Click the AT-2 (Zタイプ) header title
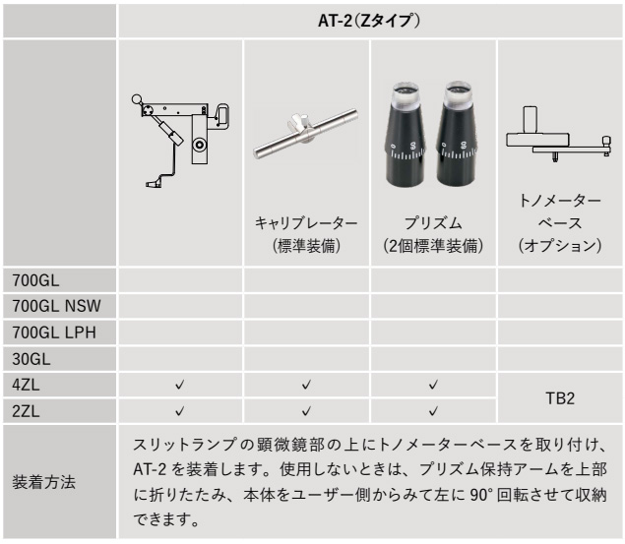pyautogui.click(x=369, y=21)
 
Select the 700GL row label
pyautogui.click(x=35, y=280)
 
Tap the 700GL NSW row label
pyautogui.click(x=56, y=306)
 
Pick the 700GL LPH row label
pyautogui.click(x=54, y=332)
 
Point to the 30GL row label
pyautogui.click(x=31, y=359)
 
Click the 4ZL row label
pyautogui.click(x=26, y=385)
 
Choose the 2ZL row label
pyautogui.click(x=26, y=411)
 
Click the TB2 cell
pyautogui.click(x=560, y=398)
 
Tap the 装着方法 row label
pyautogui.click(x=44, y=482)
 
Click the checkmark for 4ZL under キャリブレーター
pyautogui.click(x=306, y=385)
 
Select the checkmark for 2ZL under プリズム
pyautogui.click(x=433, y=410)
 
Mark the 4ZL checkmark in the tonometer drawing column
pyautogui.click(x=180, y=385)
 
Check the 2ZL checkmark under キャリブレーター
pyautogui.click(x=306, y=410)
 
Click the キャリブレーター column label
pyautogui.click(x=306, y=223)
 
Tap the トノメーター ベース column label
pyautogui.click(x=560, y=212)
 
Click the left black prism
pyautogui.click(x=405, y=134)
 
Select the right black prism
pyautogui.click(x=456, y=134)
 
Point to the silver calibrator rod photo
pyautogui.click(x=305, y=134)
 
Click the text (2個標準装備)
pyautogui.click(x=433, y=246)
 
